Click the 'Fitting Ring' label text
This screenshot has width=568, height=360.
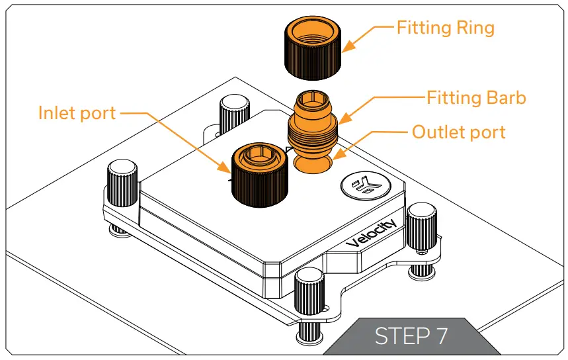(x=445, y=28)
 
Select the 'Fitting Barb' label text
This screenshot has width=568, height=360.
(x=476, y=98)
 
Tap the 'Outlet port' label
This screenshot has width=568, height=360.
(x=458, y=132)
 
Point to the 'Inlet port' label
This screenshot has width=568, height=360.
(x=77, y=112)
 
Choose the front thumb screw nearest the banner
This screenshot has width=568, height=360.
(x=309, y=294)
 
